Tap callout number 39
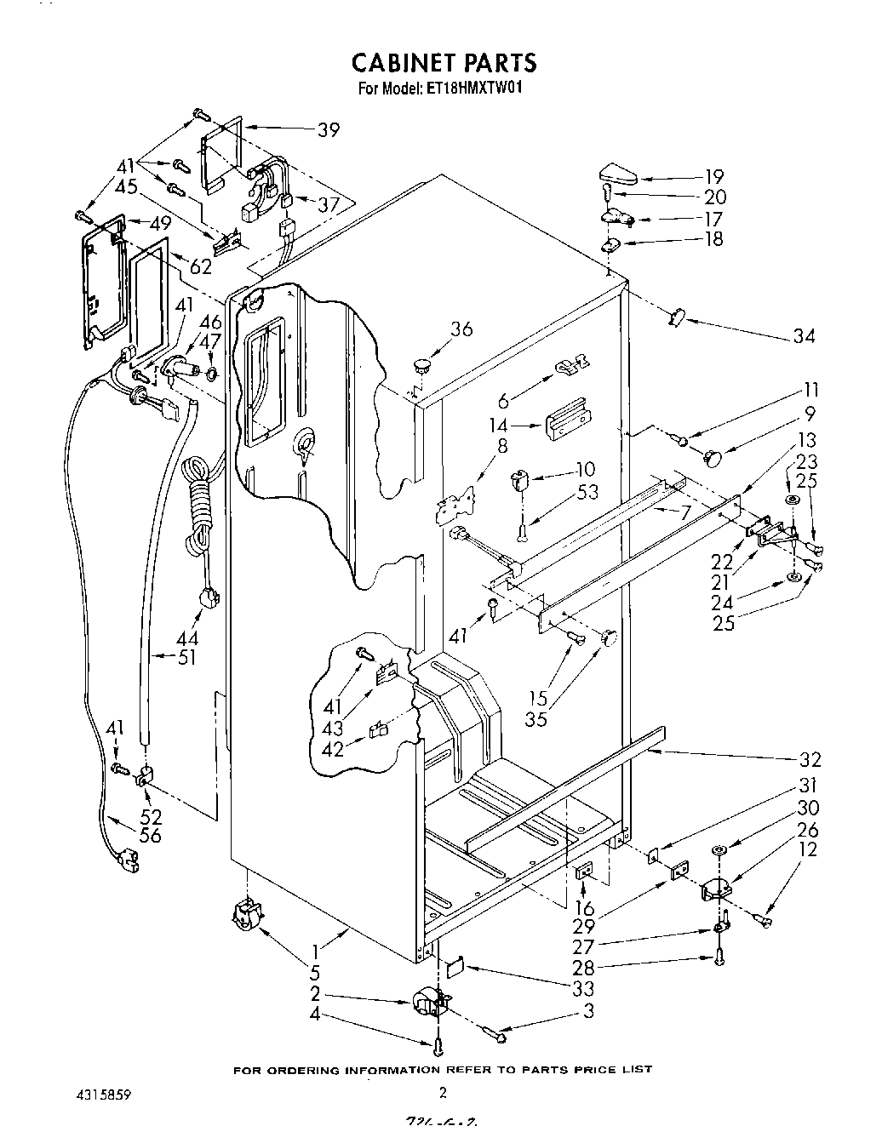(328, 130)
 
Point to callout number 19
(713, 177)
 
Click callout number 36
(461, 329)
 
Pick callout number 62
(201, 266)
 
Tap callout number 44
(187, 637)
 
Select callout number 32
(810, 759)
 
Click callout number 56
(150, 835)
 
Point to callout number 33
(584, 989)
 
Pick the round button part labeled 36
(419, 367)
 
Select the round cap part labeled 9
(713, 457)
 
